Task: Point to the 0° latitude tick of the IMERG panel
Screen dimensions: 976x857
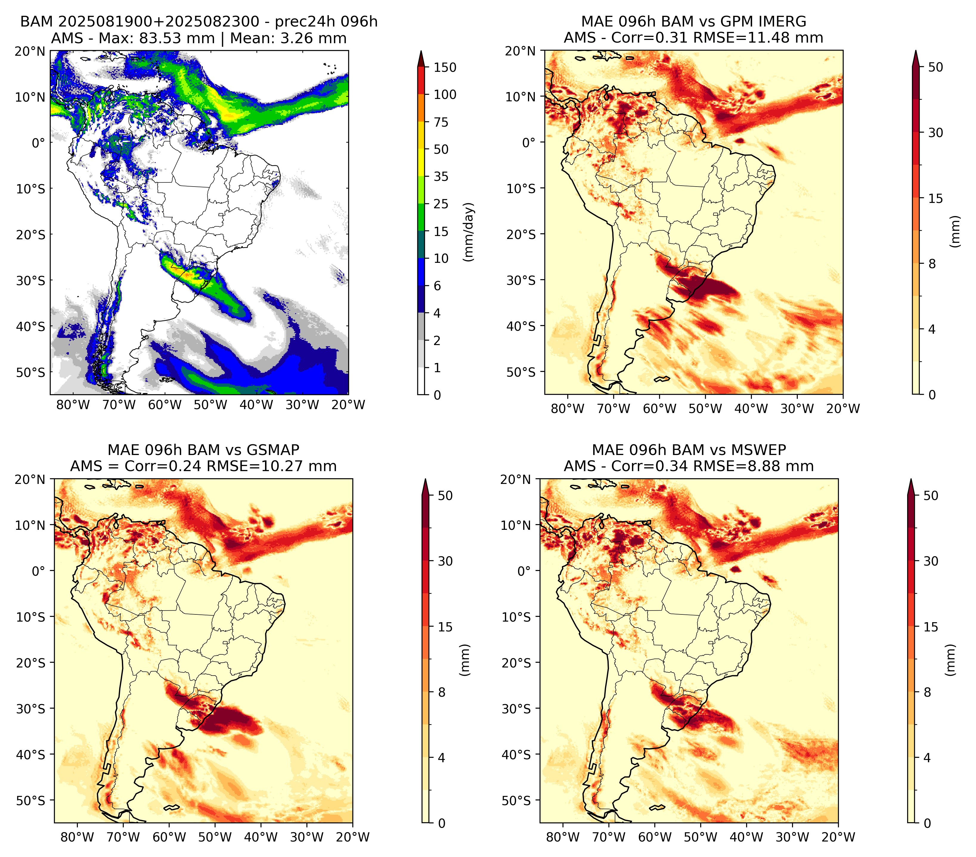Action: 529,142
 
